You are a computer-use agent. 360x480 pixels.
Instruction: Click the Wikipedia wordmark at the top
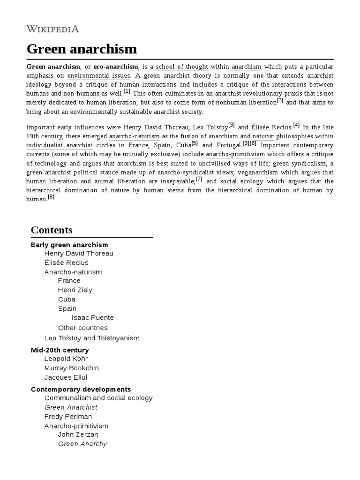tap(53, 29)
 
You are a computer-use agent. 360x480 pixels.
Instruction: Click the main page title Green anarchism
tap(82, 49)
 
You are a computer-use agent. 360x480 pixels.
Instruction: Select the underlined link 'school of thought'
tap(182, 67)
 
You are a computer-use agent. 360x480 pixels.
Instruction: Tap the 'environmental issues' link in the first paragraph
tap(98, 75)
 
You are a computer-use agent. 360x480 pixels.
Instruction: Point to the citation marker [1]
tap(127, 91)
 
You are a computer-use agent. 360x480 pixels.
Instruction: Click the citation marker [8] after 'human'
tap(51, 197)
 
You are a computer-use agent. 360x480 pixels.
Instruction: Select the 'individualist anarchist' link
tap(60, 145)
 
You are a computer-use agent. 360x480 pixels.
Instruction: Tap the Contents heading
tap(52, 230)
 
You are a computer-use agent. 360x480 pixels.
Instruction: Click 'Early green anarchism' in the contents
tap(69, 245)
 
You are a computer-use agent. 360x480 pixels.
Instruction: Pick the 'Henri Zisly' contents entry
tap(75, 290)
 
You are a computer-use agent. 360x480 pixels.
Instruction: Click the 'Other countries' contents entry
tap(82, 328)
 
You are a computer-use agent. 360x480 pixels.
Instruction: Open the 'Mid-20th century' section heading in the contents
tap(60, 350)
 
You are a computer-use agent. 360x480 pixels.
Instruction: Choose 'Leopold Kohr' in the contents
tap(66, 359)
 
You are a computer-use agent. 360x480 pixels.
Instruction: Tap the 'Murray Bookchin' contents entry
tap(71, 368)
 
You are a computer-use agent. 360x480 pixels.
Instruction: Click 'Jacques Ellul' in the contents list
tap(66, 377)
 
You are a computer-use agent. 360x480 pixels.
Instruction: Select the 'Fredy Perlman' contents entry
tap(68, 416)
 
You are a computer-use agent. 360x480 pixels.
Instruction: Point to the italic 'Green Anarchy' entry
tap(82, 444)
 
